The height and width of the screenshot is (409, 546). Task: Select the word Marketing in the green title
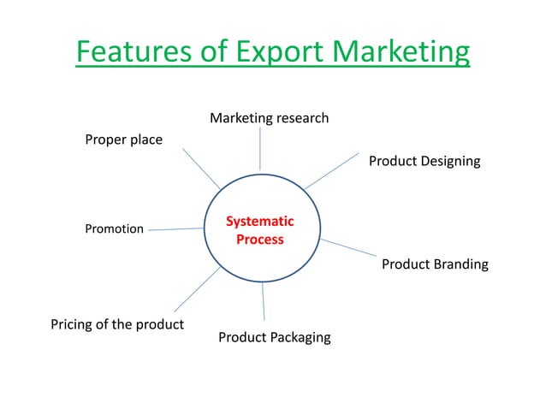(401, 52)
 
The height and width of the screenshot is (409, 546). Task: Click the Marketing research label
(269, 118)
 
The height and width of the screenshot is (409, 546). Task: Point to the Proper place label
(123, 139)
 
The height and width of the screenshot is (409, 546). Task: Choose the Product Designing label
(424, 161)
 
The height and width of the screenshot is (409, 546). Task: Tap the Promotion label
(114, 229)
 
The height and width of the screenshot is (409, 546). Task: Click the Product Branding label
(435, 264)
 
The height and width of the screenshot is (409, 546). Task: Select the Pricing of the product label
(117, 324)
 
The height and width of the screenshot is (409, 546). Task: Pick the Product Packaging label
(274, 337)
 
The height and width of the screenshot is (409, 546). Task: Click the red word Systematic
(259, 222)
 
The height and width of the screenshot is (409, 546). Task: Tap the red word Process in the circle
(259, 240)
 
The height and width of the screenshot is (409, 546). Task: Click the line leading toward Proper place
(201, 169)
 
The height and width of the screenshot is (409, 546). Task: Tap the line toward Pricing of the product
(198, 288)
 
